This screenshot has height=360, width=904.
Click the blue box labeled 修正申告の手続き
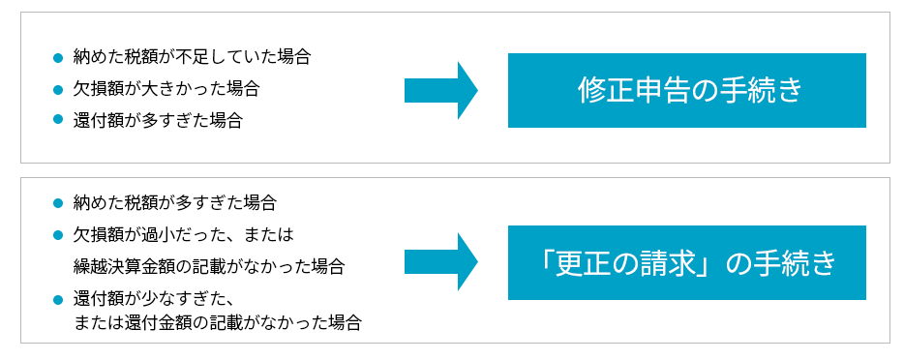click(686, 90)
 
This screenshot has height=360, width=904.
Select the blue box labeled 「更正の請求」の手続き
click(686, 262)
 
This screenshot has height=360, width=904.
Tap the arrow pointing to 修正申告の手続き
click(440, 90)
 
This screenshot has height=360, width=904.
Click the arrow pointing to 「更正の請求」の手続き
click(440, 262)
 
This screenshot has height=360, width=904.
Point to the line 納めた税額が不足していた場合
click(192, 56)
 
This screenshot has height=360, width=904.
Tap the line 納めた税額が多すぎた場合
click(175, 203)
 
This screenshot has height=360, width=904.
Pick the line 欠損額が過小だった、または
click(183, 234)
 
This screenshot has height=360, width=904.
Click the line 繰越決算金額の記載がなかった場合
click(209, 265)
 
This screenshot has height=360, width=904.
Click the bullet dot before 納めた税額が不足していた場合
click(58, 57)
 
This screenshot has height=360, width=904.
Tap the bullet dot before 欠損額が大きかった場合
click(58, 89)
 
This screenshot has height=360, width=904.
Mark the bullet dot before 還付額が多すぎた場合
click(58, 121)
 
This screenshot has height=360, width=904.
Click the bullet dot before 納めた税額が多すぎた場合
click(58, 204)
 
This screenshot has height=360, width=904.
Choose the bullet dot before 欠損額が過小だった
click(58, 235)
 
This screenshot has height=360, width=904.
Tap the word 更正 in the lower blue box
click(585, 263)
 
